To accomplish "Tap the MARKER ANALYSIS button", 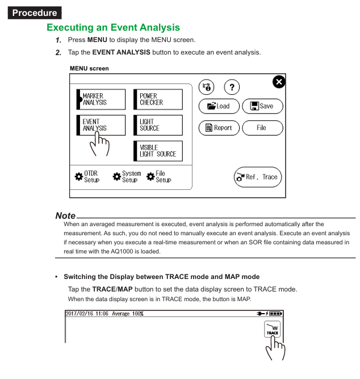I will coord(101,99).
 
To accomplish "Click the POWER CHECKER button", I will coord(158,99).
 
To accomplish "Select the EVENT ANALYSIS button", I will coord(101,125).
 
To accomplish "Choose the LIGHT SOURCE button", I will coord(158,125).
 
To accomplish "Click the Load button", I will coord(219,106).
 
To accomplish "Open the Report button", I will coord(219,128).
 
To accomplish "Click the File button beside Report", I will coord(262,128).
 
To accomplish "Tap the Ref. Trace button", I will coord(257,177).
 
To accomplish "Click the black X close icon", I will coord(279,82).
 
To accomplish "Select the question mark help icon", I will coord(232,88).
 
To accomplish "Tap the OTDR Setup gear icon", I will coord(79,177).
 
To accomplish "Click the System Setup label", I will coord(131,177).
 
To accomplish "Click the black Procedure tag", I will coord(35,13).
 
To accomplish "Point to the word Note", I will coord(65,216).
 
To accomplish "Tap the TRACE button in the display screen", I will coord(273,330).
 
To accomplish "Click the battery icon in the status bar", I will coord(275,314).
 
